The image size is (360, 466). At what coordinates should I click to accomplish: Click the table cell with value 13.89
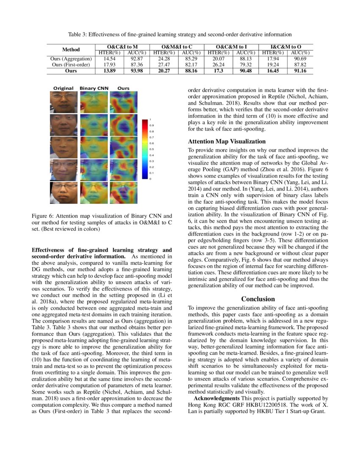pos(107,71)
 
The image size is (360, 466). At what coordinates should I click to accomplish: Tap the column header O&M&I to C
pos(177,46)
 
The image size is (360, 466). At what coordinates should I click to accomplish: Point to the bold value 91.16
pos(299,71)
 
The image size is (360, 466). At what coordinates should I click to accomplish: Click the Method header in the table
pos(71,49)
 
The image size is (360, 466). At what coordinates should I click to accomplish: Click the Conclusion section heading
pos(258,299)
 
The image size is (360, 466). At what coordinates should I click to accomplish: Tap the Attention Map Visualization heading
pos(227,141)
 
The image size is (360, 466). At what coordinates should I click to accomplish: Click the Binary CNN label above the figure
pos(94,88)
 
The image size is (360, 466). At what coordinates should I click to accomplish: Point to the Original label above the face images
pos(64,88)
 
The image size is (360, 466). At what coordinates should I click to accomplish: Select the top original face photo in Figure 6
pos(64,102)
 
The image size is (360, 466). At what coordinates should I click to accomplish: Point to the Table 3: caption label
pos(80,34)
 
